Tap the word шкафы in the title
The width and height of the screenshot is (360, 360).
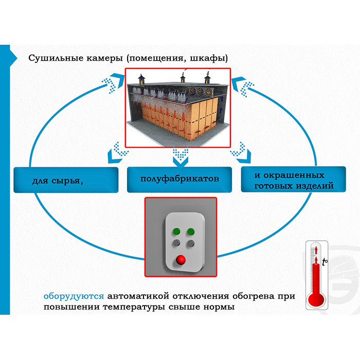point(210,58)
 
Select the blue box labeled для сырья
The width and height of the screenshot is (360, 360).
point(65,180)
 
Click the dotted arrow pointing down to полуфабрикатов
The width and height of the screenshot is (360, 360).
point(179,154)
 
